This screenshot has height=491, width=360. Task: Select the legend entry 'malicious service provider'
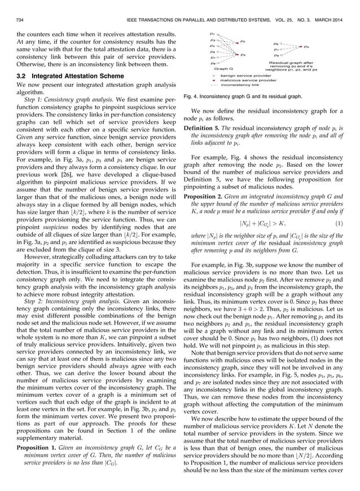point(247,80)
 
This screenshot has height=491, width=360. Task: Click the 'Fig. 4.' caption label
point(194,96)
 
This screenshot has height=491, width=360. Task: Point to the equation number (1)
point(346,223)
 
